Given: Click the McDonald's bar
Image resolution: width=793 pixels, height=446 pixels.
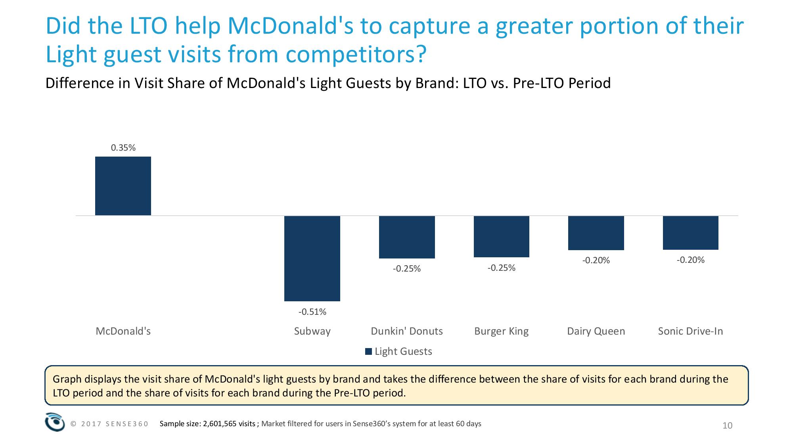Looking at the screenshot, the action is point(123,186).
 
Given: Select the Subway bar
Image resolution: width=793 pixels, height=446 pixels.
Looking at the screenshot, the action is point(312,258).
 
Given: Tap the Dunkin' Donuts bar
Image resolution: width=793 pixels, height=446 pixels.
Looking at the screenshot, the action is point(407,237).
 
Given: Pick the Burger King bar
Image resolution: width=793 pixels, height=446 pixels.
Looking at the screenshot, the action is point(501,237).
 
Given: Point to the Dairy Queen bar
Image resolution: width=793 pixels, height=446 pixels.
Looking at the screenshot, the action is point(596,233).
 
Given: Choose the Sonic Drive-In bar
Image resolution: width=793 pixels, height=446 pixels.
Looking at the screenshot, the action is point(690,233).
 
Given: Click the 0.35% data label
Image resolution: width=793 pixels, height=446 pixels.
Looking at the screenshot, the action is point(123,148).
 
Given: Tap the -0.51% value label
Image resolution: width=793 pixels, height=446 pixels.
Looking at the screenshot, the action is point(312,312).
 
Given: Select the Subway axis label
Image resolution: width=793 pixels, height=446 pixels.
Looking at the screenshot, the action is point(312,331).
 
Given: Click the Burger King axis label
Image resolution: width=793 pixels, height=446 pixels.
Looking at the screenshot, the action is point(501,331).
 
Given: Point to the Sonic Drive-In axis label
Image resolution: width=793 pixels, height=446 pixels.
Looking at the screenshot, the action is point(690,331).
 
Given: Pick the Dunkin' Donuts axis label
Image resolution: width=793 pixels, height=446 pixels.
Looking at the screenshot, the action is point(407,331).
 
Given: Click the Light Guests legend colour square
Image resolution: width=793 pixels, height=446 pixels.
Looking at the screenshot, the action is point(368,352).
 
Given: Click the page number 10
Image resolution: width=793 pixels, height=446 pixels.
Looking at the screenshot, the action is point(728,426).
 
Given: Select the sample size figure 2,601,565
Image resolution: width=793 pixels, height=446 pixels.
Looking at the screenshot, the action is point(229,424).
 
